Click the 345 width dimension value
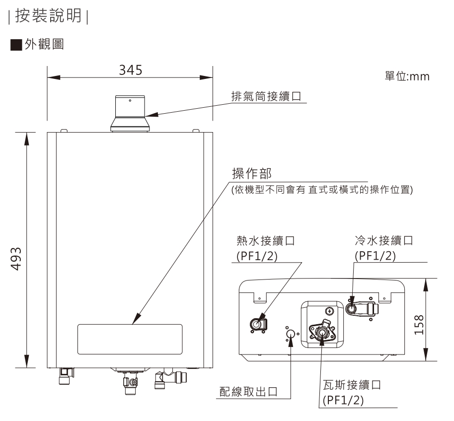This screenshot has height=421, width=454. point(130,70)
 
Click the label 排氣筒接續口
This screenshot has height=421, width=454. point(267,96)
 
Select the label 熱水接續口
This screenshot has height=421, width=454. point(266,241)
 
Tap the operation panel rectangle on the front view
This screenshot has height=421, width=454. point(130,339)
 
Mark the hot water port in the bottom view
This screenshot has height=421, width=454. point(257,325)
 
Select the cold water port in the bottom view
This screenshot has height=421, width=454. point(352,309)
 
